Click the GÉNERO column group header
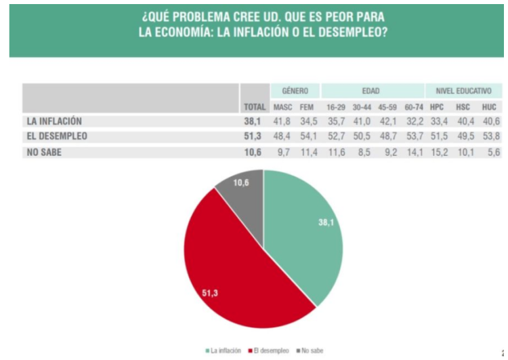(295, 91)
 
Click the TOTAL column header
(255, 107)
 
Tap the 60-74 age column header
(413, 107)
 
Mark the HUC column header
(489, 107)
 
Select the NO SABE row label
(45, 152)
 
